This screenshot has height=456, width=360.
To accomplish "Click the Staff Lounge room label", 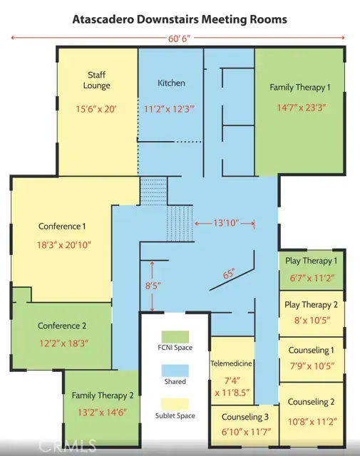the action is click(x=97, y=80).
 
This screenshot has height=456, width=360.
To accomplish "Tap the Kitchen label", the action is click(x=171, y=83).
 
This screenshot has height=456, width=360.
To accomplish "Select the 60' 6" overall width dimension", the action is click(x=179, y=38).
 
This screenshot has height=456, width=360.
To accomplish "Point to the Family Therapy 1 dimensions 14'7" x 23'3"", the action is click(x=301, y=108).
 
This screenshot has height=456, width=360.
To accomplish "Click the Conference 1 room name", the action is click(x=62, y=227).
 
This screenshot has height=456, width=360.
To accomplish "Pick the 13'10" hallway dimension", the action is click(x=226, y=223).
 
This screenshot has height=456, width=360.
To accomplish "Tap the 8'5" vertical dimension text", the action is click(x=153, y=286).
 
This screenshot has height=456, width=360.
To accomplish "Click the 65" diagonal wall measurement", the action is click(x=228, y=274).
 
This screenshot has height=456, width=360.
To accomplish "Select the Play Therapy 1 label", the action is click(x=311, y=261).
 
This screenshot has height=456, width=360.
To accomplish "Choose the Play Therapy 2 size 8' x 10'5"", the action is click(x=312, y=320).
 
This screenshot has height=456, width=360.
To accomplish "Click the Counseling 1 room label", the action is click(x=311, y=350).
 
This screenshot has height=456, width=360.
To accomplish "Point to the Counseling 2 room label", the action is click(x=311, y=402).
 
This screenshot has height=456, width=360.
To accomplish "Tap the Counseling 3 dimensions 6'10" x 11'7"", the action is click(x=246, y=432).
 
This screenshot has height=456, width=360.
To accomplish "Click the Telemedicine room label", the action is click(x=231, y=363).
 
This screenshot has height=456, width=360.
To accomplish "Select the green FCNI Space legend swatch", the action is click(x=175, y=337).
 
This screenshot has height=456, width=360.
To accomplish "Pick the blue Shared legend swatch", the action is click(x=175, y=370).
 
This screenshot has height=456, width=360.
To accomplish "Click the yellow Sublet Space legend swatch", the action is click(x=175, y=405).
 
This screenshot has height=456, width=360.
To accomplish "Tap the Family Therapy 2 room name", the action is click(x=103, y=395).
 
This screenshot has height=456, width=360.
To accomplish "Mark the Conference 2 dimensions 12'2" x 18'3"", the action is click(x=63, y=343).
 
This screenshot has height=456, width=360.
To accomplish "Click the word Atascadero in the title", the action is click(x=103, y=19).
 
